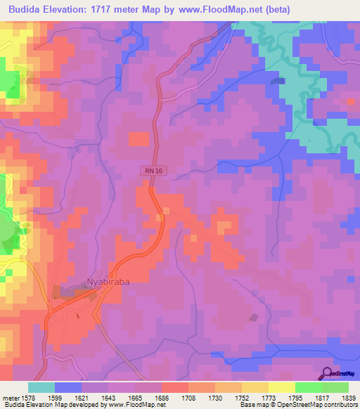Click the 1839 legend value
337,398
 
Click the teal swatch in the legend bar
41,387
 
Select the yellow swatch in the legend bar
281,387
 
